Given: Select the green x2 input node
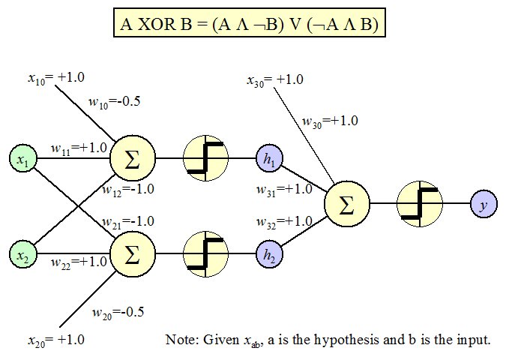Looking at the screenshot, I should tap(23, 255).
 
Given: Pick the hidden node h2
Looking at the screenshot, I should tap(268, 255).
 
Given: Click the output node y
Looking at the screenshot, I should tap(483, 205).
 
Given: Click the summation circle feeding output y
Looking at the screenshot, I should tap(347, 205).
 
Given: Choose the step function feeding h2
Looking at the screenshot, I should tap(205, 255).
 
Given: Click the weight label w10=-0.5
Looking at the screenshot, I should tap(115, 103).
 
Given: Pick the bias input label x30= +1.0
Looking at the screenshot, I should tap(276, 79).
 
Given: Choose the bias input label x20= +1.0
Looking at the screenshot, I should tap(55, 340).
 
